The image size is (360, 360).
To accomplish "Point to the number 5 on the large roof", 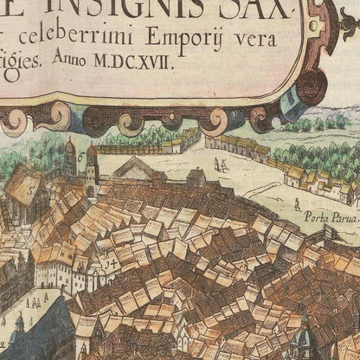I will coord(33,185).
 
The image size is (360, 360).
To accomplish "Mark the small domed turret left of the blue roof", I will coord(19,325).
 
